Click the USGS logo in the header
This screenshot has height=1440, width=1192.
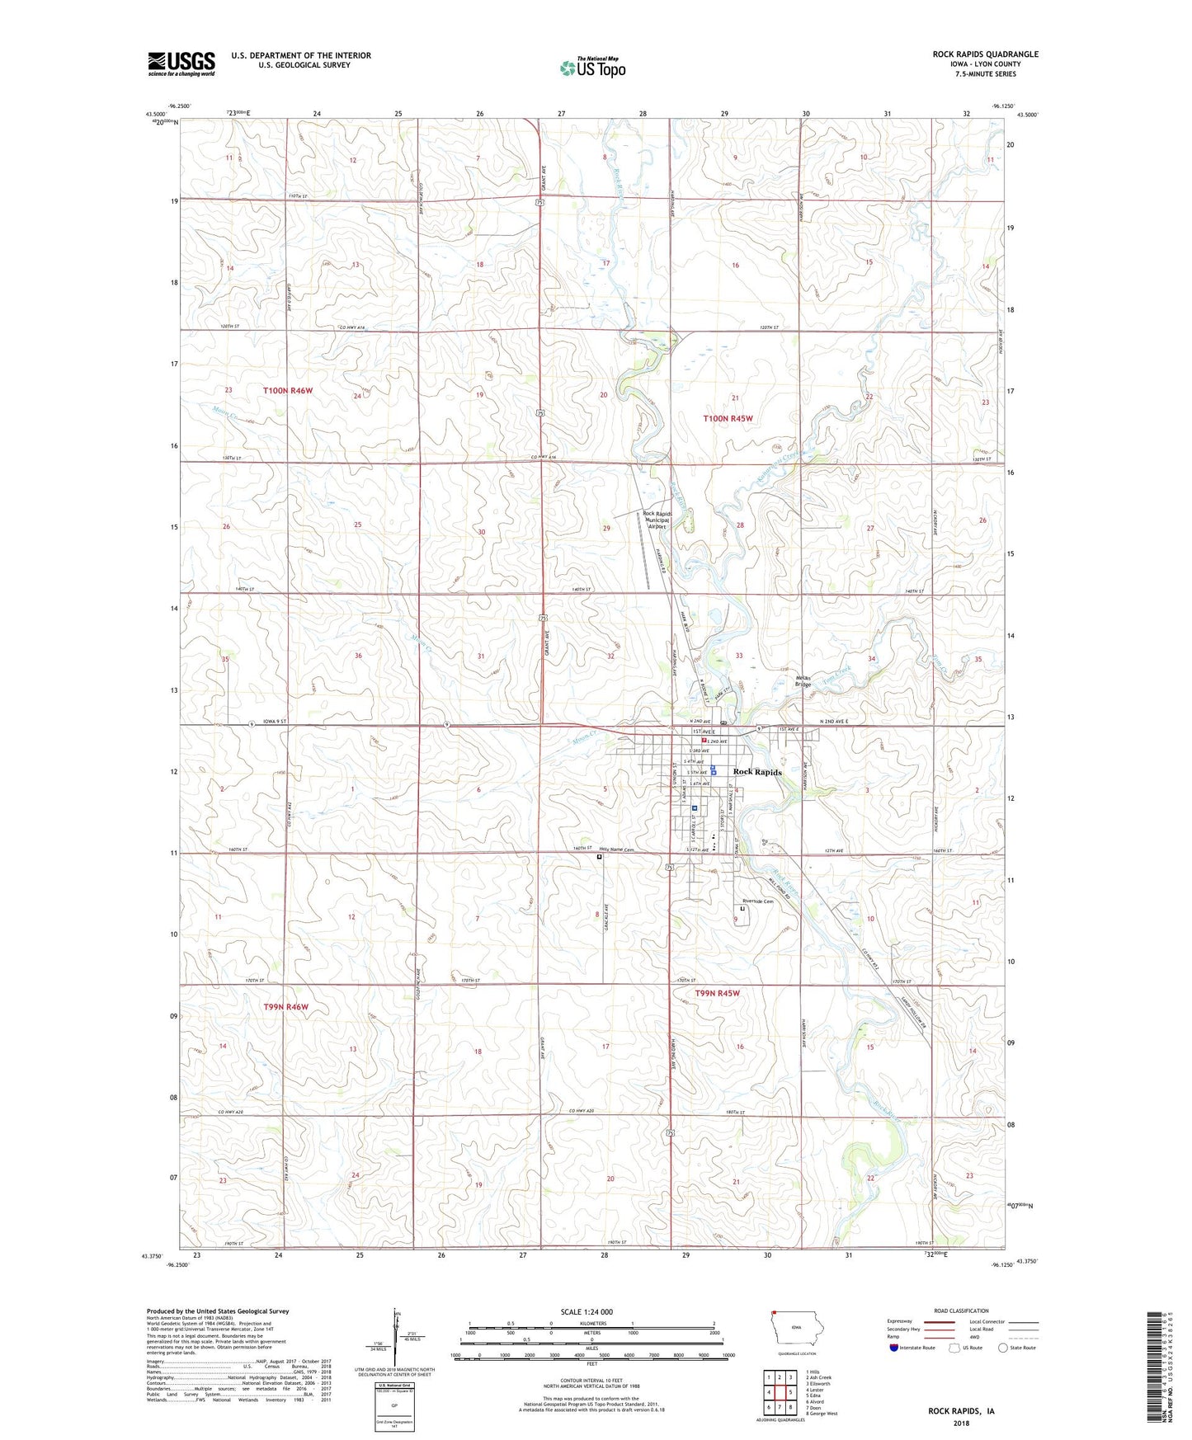click(x=181, y=64)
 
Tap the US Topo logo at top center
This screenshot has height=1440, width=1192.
click(x=592, y=68)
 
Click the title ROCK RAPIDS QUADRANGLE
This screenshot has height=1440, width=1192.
click(x=985, y=54)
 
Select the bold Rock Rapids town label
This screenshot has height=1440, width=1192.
click(x=757, y=772)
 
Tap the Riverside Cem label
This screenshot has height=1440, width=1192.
click(x=757, y=901)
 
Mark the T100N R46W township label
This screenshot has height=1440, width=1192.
click(x=288, y=390)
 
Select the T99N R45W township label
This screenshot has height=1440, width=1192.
click(x=717, y=994)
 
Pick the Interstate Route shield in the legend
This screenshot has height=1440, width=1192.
click(x=894, y=1348)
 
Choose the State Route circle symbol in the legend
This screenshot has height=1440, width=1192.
click(x=1002, y=1348)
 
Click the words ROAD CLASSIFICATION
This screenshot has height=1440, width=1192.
click(x=961, y=1311)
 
